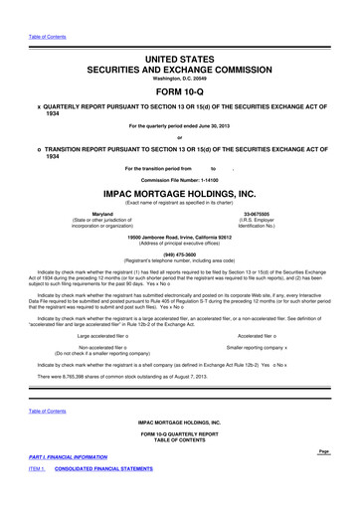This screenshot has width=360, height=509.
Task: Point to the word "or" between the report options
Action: (179, 137)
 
